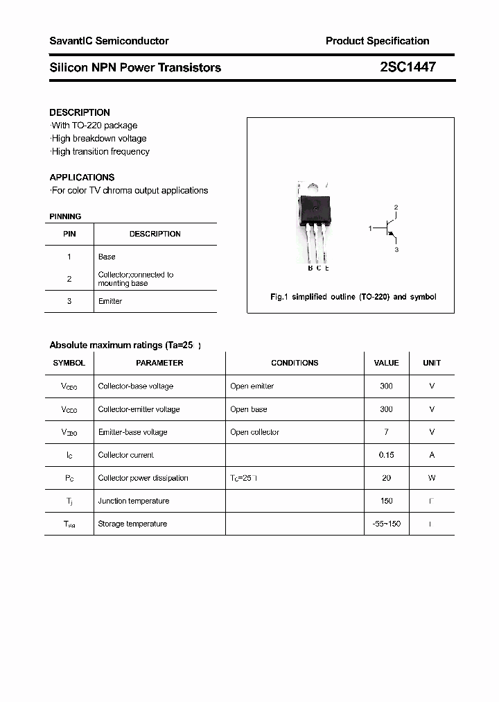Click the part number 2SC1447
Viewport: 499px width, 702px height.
point(408,67)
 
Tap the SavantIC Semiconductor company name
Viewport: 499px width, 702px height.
point(109,41)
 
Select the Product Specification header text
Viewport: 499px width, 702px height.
point(377,41)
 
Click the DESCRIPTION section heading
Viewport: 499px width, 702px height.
point(80,112)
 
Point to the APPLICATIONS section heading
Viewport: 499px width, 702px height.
point(82,177)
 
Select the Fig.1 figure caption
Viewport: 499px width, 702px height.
point(353,297)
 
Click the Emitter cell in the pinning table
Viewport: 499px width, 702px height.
point(110,301)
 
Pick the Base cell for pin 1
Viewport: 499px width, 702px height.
point(107,257)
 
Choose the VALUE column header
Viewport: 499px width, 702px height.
point(386,363)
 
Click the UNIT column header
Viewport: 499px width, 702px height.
point(432,363)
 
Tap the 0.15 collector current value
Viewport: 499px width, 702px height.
point(386,455)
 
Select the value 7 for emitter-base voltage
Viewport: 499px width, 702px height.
point(386,432)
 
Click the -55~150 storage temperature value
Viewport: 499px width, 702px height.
point(386,524)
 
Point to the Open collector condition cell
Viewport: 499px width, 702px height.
point(254,432)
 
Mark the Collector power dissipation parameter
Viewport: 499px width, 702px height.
point(143,478)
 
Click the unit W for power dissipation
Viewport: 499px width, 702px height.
point(432,478)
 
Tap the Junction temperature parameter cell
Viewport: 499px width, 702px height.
point(133,501)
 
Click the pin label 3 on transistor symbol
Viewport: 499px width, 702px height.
point(396,249)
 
